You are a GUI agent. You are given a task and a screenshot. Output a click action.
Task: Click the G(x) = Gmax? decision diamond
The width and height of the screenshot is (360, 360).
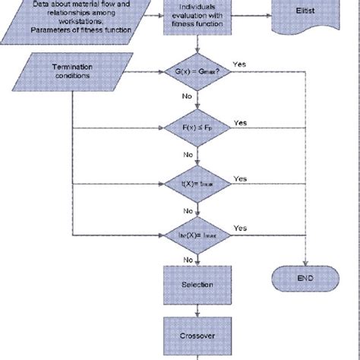point(197,73)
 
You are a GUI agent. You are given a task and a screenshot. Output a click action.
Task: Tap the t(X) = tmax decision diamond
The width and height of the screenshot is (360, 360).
point(197,184)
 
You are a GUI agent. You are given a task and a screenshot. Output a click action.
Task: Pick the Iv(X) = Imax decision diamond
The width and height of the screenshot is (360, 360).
point(197,237)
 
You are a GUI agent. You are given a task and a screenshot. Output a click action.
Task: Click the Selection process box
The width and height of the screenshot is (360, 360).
point(197,285)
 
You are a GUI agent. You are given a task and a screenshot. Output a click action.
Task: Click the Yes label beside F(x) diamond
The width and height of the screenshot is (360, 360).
point(240,122)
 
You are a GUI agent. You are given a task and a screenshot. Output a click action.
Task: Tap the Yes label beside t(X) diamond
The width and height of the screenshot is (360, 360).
point(240,178)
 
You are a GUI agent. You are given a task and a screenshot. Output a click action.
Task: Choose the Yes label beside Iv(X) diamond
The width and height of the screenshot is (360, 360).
point(240,227)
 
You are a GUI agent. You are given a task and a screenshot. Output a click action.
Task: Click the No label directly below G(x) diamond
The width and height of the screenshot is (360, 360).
point(187,97)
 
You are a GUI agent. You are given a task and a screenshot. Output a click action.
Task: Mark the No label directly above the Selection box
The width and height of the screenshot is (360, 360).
point(187,260)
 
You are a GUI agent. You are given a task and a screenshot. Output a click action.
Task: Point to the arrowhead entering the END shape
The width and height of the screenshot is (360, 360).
point(305,264)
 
